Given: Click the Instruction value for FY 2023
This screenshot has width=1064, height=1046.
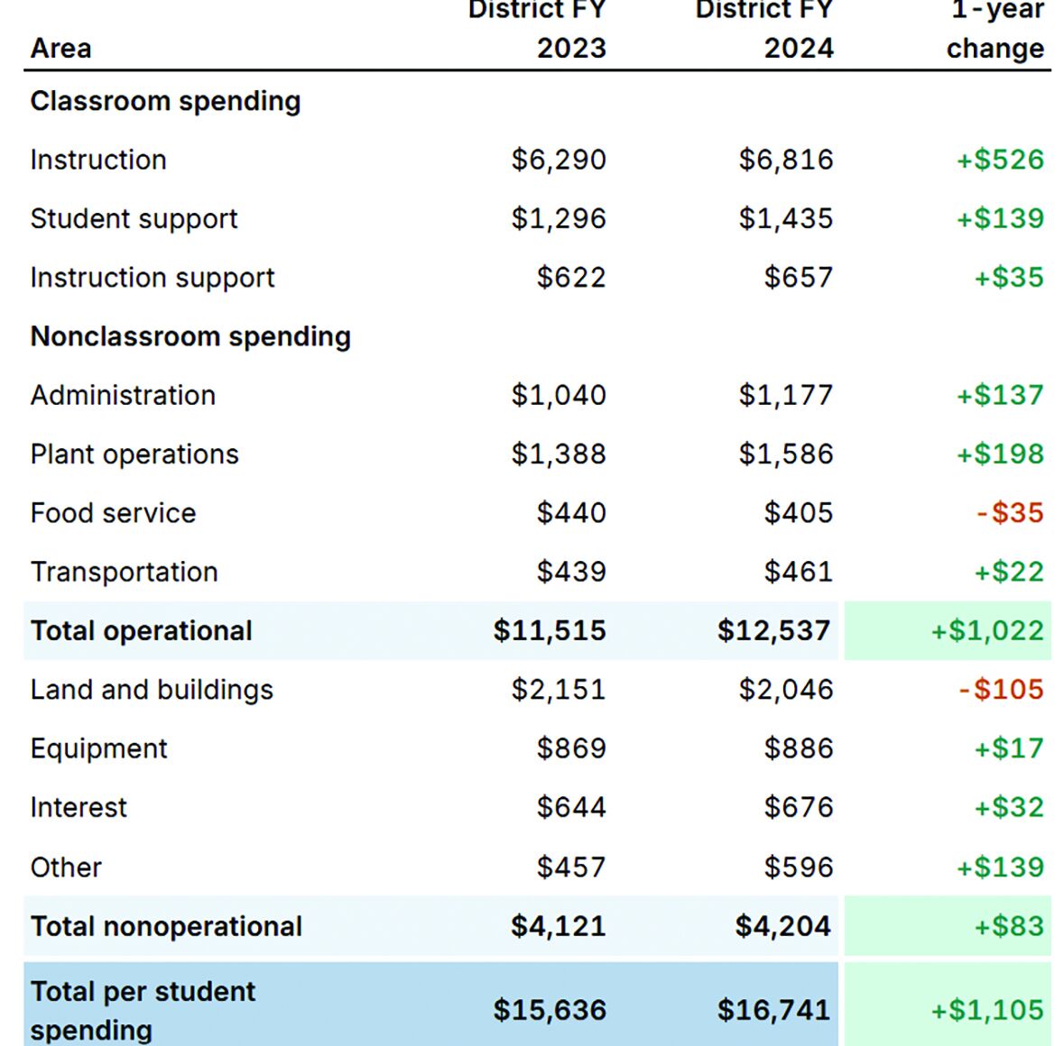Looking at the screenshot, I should pos(559,160).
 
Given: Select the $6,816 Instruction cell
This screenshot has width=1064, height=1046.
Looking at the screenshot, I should pos(786,160).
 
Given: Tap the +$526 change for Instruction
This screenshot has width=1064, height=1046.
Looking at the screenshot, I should pos(1000,160).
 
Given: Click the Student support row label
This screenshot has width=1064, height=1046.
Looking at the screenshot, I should pos(134,219).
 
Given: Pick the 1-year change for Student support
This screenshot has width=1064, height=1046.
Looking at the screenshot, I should pos(1000,219).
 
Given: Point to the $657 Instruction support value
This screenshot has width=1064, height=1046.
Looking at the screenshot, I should pos(799,278).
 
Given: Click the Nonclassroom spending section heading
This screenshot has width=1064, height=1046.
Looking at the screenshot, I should pos(190,336).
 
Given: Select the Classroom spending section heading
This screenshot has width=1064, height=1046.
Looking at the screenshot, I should pos(165,101).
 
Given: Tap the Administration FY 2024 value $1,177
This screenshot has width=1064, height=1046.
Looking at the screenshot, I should pos(786,395).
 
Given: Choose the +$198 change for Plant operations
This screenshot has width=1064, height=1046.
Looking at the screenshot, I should pos(1000,454).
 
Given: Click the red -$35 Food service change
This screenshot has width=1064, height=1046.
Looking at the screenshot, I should pos(1010,513).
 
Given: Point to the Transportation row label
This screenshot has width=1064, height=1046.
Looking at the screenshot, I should pos(124,572).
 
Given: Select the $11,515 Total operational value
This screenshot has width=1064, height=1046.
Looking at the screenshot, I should pos(550,630).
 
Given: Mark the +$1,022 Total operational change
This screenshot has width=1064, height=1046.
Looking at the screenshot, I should pos(987,630).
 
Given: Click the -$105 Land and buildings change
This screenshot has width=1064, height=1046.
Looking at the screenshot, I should pos(1001,690).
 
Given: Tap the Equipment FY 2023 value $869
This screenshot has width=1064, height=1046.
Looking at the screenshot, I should pos(571,748).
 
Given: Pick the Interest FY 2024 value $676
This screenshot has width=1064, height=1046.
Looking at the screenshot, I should pos(799,807).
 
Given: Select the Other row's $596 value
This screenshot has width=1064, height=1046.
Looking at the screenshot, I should pos(799,867).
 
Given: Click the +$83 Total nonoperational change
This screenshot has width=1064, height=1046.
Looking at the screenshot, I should pos(1008,926).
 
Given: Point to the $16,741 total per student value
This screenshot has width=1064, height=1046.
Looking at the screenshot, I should pos(773,1010).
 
